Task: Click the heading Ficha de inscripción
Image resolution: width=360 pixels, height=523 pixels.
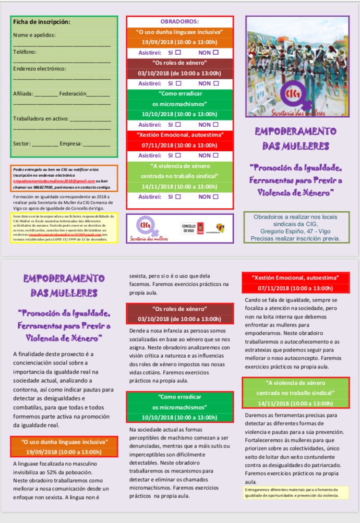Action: coord(42,22)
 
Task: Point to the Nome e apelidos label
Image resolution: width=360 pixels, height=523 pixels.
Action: coord(34,35)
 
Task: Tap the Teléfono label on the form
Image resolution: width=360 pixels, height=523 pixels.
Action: coord(25,52)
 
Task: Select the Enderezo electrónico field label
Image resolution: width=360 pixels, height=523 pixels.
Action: coord(40,69)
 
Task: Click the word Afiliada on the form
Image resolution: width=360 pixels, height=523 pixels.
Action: coord(23,94)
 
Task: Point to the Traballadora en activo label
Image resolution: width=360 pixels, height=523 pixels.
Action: coord(41,119)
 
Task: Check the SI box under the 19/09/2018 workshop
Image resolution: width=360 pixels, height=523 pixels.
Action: coord(178,52)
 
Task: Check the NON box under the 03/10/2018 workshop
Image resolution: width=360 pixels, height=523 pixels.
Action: coord(216,84)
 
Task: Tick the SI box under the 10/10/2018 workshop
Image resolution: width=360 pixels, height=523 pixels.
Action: coord(178,124)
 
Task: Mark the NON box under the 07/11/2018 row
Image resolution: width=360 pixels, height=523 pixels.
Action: coord(216,156)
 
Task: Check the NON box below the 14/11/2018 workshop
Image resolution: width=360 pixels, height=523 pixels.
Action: coord(216,197)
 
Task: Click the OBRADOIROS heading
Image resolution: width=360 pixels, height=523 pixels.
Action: coord(180,22)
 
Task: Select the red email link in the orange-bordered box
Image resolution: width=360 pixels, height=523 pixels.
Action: coord(53,181)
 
